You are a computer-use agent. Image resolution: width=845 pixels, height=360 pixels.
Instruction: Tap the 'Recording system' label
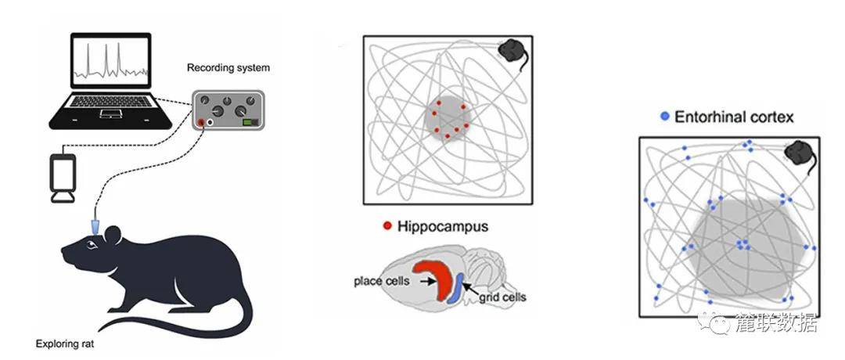pyautogui.click(x=228, y=68)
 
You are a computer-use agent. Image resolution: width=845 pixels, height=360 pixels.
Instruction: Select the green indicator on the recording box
pyautogui.click(x=250, y=122)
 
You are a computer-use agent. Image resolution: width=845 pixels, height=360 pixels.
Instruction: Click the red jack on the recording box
pyautogui.click(x=203, y=123)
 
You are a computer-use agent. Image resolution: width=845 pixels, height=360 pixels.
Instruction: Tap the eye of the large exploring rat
pyautogui.click(x=92, y=246)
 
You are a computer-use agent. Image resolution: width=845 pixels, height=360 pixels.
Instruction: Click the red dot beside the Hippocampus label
pyautogui.click(x=387, y=227)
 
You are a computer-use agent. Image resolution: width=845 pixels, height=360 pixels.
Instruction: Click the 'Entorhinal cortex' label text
pyautogui.click(x=735, y=117)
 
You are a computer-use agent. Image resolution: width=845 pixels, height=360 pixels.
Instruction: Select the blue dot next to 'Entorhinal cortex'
pyautogui.click(x=665, y=117)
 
